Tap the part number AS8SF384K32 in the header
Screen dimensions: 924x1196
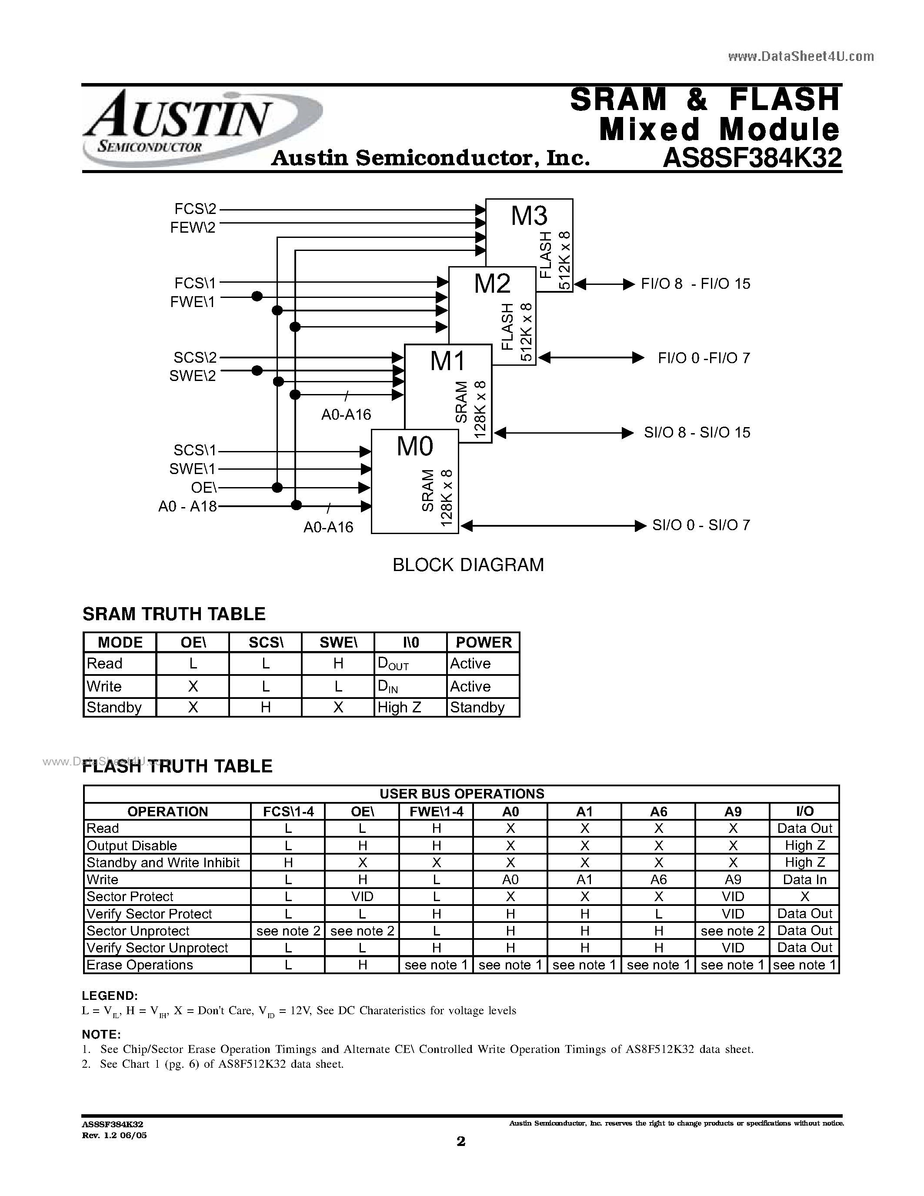point(751,159)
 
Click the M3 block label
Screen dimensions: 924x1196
point(529,215)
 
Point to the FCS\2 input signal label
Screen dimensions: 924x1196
point(195,209)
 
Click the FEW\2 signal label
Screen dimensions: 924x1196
point(193,227)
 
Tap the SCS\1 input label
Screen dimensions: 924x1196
point(195,450)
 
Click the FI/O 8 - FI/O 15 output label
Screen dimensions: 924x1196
point(695,284)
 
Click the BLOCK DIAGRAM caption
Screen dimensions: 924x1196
point(468,565)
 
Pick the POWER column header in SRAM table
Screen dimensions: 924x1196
point(484,642)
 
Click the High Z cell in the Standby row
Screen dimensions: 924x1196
point(399,708)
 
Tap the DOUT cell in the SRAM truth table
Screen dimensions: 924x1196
point(393,664)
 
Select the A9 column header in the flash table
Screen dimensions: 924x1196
point(732,812)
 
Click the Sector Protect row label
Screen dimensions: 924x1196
point(130,896)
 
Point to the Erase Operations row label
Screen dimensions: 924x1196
point(140,965)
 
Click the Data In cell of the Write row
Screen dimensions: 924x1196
point(804,879)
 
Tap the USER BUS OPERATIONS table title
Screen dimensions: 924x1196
point(461,794)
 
